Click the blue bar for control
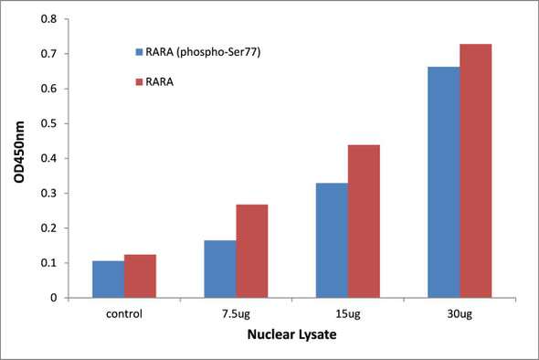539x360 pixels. tap(109, 280)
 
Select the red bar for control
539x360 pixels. tap(141, 276)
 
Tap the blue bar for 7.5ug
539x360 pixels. tap(219, 269)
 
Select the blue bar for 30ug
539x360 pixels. tap(442, 182)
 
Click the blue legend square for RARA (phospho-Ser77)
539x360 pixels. tap(139, 52)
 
